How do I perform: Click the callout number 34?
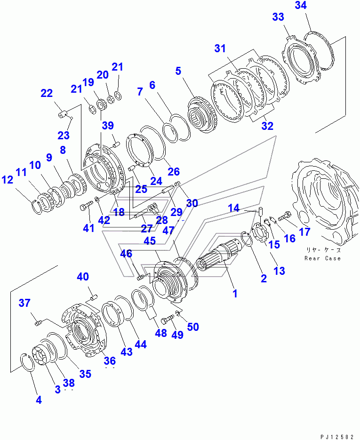(x=301, y=5)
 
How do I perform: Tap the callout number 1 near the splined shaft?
(x=235, y=294)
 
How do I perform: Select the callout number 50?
(x=193, y=327)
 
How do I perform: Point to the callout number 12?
(x=8, y=180)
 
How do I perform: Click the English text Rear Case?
(x=322, y=258)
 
